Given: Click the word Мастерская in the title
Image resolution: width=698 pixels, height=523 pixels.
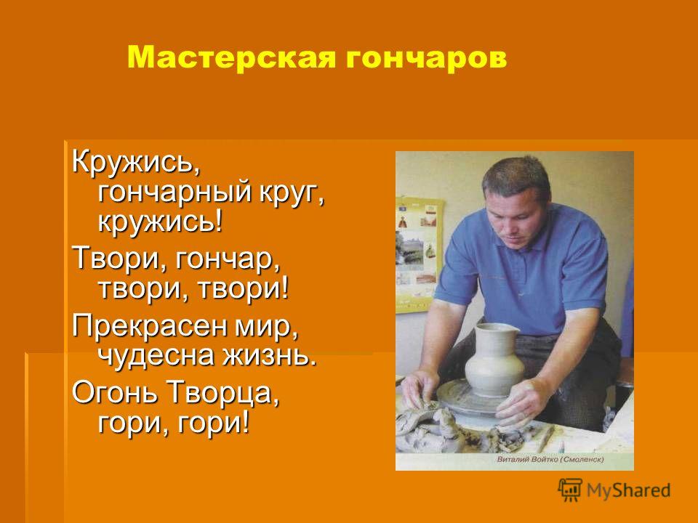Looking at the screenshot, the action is pos(231,57).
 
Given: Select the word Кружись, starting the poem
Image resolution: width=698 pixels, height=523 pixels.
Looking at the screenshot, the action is pos(136,162).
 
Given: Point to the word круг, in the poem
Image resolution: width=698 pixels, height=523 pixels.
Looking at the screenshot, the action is pos(291,195).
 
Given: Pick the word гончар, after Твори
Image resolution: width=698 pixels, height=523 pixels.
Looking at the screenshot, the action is pos(228,259).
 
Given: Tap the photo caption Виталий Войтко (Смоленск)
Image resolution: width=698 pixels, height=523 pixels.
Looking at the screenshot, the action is pos(550,459).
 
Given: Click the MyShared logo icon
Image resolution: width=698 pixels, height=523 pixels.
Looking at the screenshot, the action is pos(570,490).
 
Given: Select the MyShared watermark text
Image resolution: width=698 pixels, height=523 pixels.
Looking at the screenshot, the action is pos(628,490).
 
